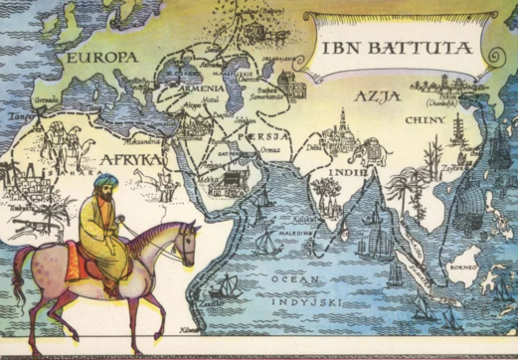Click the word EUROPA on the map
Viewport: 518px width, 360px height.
100,59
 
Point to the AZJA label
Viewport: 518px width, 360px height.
377,95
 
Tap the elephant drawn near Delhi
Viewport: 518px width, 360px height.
353,152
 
